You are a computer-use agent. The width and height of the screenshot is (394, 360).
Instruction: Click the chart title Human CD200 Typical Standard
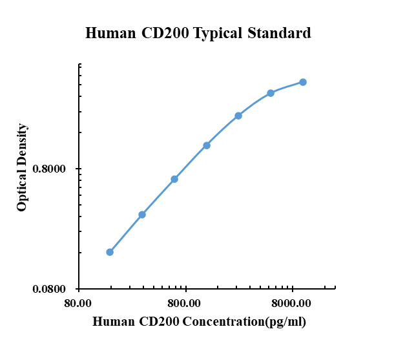coord(198,33)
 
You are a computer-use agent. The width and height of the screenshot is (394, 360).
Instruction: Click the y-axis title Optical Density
coord(23,167)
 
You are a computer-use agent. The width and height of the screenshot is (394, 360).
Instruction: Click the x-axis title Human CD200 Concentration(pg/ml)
coord(199,321)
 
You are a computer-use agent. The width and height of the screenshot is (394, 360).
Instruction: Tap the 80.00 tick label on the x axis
coord(79,303)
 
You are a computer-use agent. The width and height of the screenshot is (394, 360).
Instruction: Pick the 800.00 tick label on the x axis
coord(185,303)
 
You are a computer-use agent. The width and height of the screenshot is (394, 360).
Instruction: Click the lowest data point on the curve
coord(110,252)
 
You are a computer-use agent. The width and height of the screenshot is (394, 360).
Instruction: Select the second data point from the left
coord(142,215)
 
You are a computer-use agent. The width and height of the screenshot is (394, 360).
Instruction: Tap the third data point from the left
coord(174,179)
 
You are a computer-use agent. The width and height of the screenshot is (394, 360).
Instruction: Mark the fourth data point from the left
coord(207,145)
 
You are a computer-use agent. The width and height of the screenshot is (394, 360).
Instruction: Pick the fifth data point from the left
coord(238,116)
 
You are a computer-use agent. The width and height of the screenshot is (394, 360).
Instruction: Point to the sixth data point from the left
coord(271,93)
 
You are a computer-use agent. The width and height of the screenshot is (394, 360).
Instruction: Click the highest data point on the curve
coord(303,82)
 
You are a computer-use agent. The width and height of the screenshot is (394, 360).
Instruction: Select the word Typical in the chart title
coord(218,34)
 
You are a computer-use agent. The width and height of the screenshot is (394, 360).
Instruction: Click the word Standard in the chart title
coord(278,33)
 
